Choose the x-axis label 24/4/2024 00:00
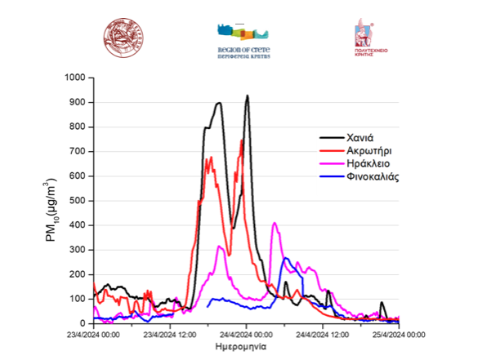pos(248,334)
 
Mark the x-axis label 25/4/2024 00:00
pos(400,334)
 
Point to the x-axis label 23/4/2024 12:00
pos(172,334)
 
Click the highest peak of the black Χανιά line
pos(247,96)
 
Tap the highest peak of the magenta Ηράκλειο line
pos(275,223)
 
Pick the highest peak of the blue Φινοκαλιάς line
pos(286,258)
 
